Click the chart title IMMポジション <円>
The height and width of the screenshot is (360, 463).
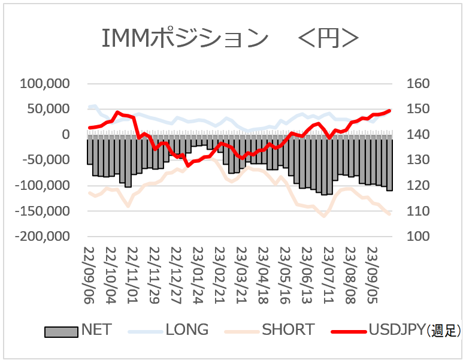click(231, 39)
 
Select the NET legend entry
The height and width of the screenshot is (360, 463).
click(78, 329)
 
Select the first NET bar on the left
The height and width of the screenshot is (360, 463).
click(90, 150)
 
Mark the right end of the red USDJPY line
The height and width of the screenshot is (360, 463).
click(391, 110)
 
